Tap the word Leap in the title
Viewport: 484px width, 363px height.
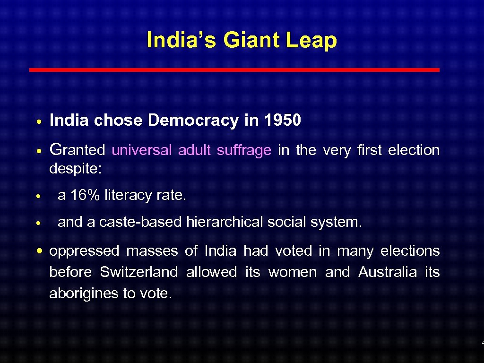[x=311, y=41]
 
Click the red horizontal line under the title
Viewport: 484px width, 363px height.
[x=234, y=69]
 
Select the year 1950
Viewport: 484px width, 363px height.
[x=282, y=121]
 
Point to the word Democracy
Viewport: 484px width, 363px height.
[x=193, y=121]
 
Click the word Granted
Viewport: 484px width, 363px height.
[x=77, y=150]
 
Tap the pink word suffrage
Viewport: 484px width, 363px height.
[x=244, y=150]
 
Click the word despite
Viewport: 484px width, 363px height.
[x=78, y=169]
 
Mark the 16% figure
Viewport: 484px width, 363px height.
[x=85, y=195]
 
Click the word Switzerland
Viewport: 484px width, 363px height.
[x=138, y=272]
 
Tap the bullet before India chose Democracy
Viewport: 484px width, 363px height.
[x=41, y=121]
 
